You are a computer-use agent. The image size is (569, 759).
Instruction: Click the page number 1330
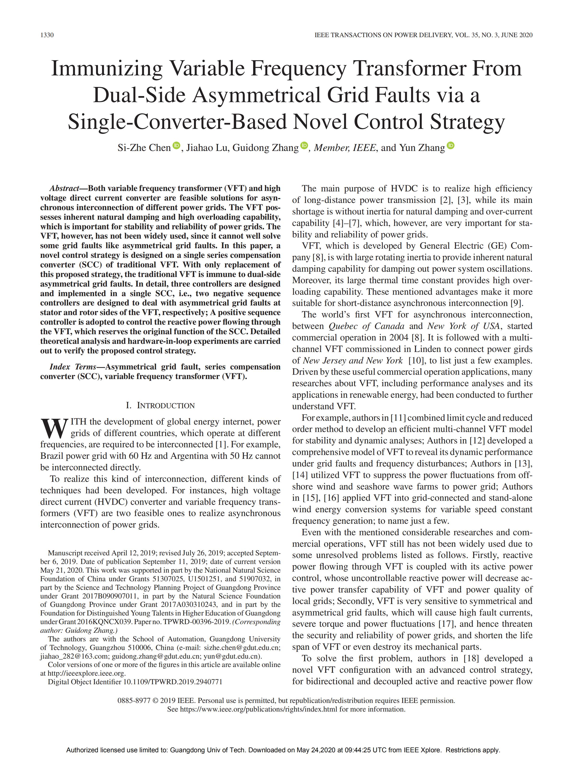point(47,35)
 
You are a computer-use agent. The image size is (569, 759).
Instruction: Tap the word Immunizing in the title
point(107,68)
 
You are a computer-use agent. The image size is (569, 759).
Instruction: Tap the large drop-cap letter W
point(54,428)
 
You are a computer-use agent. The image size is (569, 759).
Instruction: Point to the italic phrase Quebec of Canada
point(366,326)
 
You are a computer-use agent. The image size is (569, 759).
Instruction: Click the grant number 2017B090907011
point(109,596)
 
